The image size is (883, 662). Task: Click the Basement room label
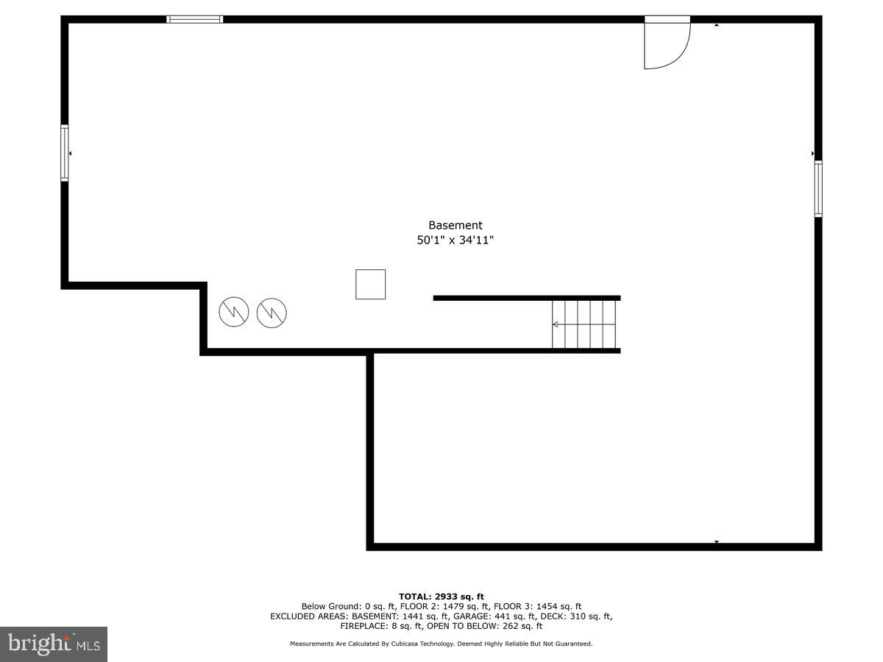pos(455,225)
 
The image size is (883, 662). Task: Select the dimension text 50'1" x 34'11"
pos(455,240)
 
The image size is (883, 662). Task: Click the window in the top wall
pos(195,19)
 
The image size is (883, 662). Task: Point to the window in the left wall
pos(65,153)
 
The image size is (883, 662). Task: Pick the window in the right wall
pos(818,188)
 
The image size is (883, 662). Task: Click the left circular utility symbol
pos(234,313)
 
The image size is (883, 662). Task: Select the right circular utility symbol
pos(272,313)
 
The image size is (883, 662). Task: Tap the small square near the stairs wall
pos(370,284)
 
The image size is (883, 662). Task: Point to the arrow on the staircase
pos(556,324)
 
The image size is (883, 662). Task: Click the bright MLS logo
pos(54,644)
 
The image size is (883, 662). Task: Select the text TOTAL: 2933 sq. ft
pos(441,597)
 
